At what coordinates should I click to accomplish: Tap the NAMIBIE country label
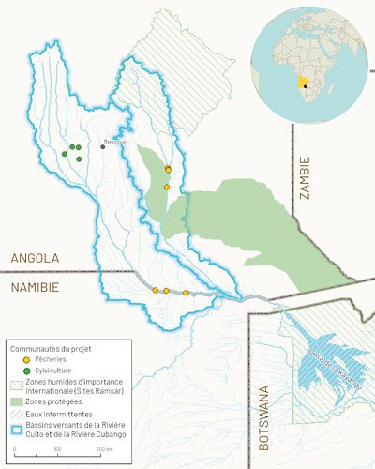[x=36, y=286]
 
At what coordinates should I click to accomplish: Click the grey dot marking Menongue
[x=103, y=146]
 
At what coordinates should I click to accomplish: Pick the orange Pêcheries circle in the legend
[x=13, y=359]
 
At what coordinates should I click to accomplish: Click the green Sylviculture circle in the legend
[x=13, y=371]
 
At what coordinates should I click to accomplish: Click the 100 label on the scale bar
[x=57, y=451]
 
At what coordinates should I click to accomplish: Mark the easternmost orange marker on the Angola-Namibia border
[x=186, y=293]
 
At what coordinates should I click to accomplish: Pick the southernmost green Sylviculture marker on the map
[x=79, y=159]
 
